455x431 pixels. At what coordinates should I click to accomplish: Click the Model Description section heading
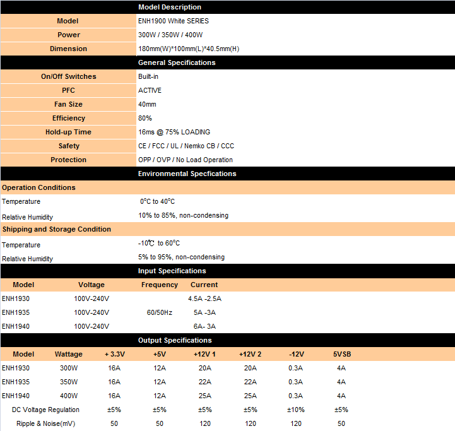[x=170, y=7]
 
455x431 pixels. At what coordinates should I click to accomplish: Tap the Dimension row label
[x=68, y=49]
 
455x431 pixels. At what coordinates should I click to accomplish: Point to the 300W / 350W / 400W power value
[x=170, y=35]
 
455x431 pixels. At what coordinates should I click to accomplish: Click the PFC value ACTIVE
[x=150, y=90]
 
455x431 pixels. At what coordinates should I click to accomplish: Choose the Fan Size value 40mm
[x=147, y=104]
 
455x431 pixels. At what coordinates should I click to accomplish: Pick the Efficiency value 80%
[x=145, y=118]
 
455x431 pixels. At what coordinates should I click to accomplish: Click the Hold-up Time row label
[x=68, y=132]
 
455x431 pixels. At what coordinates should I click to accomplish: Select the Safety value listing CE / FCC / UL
[x=186, y=146]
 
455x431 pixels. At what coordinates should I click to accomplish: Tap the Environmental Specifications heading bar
[x=187, y=174]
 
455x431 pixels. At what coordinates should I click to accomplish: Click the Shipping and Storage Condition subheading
[x=56, y=229]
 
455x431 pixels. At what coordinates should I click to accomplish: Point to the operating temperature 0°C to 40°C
[x=158, y=202]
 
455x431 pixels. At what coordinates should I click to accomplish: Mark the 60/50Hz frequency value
[x=159, y=312]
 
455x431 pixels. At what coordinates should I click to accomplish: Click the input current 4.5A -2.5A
[x=205, y=298]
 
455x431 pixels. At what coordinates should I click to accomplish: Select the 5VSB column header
[x=341, y=354]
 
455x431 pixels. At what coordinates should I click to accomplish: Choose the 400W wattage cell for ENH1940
[x=69, y=396]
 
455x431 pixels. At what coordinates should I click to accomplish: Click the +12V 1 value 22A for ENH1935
[x=205, y=382]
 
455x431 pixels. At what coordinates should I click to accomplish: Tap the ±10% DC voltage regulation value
[x=296, y=410]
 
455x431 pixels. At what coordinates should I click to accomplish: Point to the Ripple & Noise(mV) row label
[x=45, y=423]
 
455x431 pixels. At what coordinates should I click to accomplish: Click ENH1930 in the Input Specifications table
[x=16, y=298]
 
